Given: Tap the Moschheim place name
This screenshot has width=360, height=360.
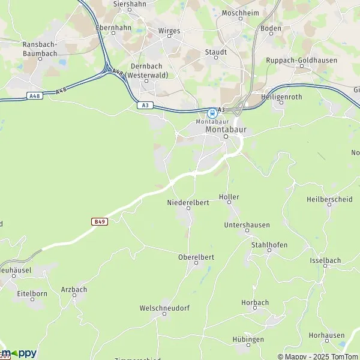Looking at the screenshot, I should pyautogui.click(x=239, y=13).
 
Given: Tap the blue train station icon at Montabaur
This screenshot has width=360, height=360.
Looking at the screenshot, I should pyautogui.click(x=212, y=112).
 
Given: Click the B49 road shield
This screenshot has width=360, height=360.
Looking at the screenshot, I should pyautogui.click(x=100, y=221).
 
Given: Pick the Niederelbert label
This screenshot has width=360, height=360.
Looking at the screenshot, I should pyautogui.click(x=188, y=203).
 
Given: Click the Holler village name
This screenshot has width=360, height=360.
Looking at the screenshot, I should pyautogui.click(x=229, y=197).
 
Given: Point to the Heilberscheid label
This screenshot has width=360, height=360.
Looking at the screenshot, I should pyautogui.click(x=329, y=199).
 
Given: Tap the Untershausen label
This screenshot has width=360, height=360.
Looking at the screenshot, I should pyautogui.click(x=247, y=225).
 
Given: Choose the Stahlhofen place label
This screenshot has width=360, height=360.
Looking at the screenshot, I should pyautogui.click(x=269, y=245).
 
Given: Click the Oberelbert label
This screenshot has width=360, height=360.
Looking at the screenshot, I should pyautogui.click(x=196, y=257).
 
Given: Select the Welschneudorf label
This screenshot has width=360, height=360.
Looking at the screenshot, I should pyautogui.click(x=164, y=308).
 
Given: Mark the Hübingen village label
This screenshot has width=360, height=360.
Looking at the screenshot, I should pyautogui.click(x=248, y=340).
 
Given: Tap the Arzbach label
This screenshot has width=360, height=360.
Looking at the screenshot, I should pyautogui.click(x=74, y=289).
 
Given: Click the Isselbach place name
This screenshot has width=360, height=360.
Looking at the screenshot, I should pyautogui.click(x=326, y=260).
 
